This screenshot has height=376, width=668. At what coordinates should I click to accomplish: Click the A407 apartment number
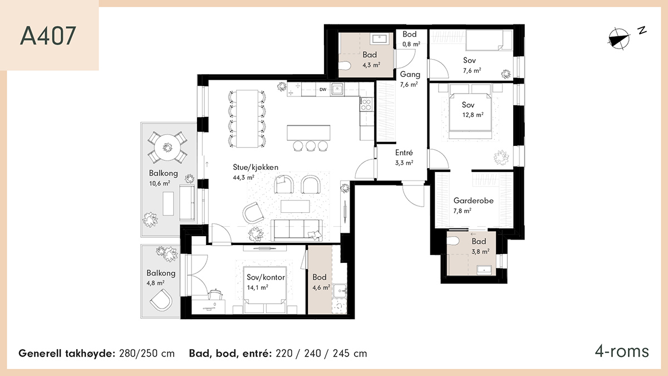[x=48, y=36]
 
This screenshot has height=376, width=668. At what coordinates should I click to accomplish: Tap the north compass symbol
[x=621, y=38]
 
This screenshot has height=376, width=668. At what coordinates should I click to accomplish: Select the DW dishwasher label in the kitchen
[x=323, y=90]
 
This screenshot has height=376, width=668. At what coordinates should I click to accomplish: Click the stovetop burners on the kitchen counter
[x=366, y=104]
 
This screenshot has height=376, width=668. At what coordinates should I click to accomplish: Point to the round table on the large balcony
[x=168, y=148]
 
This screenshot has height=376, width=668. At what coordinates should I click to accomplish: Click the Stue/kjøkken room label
[x=256, y=167]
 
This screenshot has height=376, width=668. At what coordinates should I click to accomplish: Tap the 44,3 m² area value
[x=243, y=178]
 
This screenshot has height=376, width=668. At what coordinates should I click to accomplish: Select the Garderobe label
[x=474, y=201]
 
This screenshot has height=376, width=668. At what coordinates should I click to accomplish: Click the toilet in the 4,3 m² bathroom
[x=345, y=66]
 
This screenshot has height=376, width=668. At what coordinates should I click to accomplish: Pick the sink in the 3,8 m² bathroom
[x=484, y=270]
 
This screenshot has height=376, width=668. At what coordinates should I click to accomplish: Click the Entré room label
[x=404, y=153]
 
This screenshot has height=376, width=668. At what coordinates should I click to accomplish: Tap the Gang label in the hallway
[x=410, y=75]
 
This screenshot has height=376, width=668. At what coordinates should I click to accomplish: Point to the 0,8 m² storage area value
[x=411, y=44]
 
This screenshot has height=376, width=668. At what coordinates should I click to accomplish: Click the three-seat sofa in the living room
[x=297, y=230]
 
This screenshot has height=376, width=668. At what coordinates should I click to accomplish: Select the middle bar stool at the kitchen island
[x=311, y=146]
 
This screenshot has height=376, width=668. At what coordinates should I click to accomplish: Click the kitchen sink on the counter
[x=337, y=89]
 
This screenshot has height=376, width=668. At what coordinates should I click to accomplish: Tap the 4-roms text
[x=622, y=351]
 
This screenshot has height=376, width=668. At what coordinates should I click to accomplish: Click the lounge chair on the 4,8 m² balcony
[x=161, y=300]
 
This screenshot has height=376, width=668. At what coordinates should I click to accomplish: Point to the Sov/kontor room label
[x=266, y=277]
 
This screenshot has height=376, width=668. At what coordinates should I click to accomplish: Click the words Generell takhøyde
[x=67, y=354]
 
